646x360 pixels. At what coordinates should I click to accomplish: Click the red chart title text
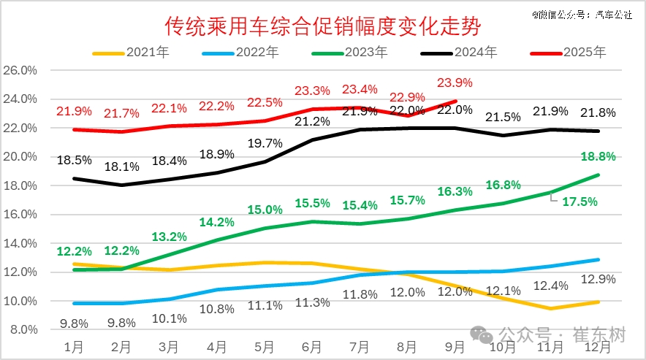pyautogui.click(x=322, y=28)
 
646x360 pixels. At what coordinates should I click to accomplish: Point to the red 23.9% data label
pyautogui.click(x=455, y=83)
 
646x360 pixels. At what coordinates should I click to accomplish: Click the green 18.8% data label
pyautogui.click(x=598, y=156)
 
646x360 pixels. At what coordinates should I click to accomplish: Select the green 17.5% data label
pyautogui.click(x=579, y=202)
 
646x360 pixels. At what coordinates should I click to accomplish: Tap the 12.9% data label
pyautogui.click(x=598, y=279)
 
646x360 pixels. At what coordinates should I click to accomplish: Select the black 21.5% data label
pyautogui.click(x=503, y=117)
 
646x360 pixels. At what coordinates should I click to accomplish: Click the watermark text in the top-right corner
pyautogui.click(x=582, y=13)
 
